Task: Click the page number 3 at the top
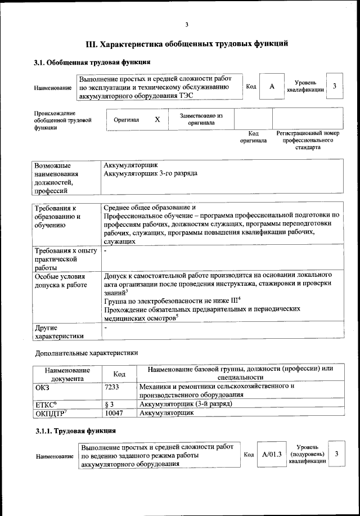(x=187, y=24)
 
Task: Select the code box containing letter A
(x=272, y=87)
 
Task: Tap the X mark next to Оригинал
(x=157, y=120)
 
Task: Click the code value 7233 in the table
(x=112, y=387)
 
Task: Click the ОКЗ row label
(x=42, y=387)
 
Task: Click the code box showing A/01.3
(x=271, y=454)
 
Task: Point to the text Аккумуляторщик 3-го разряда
(x=151, y=174)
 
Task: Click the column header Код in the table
(x=119, y=374)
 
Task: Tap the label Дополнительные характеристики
(x=86, y=353)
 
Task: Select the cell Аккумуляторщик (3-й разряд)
(x=185, y=404)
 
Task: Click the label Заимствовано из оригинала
(x=201, y=119)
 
